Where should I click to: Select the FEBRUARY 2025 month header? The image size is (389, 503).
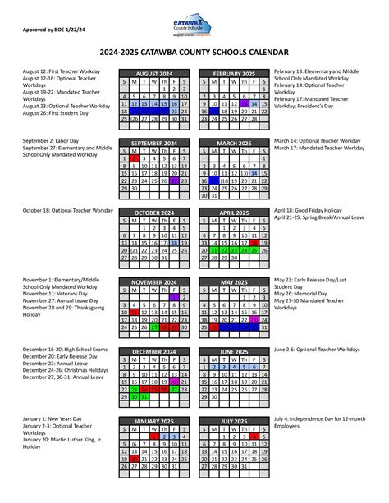pyautogui.click(x=236, y=73)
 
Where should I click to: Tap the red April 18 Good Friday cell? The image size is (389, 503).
pyautogui.click(x=256, y=244)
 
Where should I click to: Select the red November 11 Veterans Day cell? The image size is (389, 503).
pyautogui.click(x=135, y=313)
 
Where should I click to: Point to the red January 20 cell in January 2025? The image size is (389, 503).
pyautogui.click(x=135, y=460)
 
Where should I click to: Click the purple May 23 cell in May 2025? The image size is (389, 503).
pyautogui.click(x=256, y=321)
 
